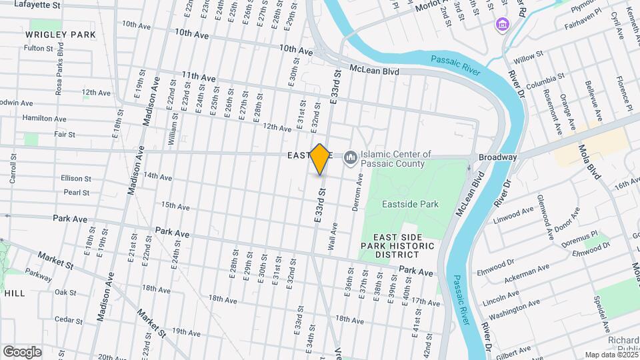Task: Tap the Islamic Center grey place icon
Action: [349, 158]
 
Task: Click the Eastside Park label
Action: [410, 204]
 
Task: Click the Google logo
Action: [22, 351]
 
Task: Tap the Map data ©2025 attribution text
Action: [611, 355]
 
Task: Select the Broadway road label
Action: [497, 157]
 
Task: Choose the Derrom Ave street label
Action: [358, 192]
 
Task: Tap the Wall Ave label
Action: [332, 237]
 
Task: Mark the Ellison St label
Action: [75, 179]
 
